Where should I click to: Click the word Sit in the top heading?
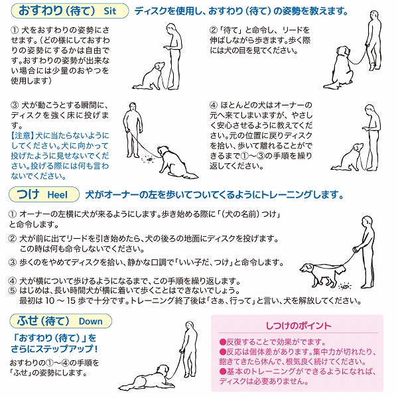[x=110, y=11]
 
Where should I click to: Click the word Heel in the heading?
[x=58, y=195]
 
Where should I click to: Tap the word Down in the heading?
[x=91, y=321]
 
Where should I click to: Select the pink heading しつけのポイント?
[x=298, y=326]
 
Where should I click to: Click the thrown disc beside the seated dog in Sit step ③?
[x=149, y=159]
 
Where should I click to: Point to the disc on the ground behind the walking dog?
[x=344, y=287]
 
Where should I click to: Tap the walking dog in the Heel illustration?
[x=322, y=274]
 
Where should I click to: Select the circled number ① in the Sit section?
[x=15, y=31]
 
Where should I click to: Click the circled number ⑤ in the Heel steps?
[x=13, y=291]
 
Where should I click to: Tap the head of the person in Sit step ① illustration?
[x=171, y=28]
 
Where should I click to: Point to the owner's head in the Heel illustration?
[x=367, y=221]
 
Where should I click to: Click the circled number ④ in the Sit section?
[x=214, y=105]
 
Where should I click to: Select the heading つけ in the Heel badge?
[x=28, y=194]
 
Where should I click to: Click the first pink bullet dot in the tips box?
[x=223, y=342]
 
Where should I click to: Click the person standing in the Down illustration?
[x=188, y=350]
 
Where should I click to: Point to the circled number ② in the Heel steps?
[x=13, y=239]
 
